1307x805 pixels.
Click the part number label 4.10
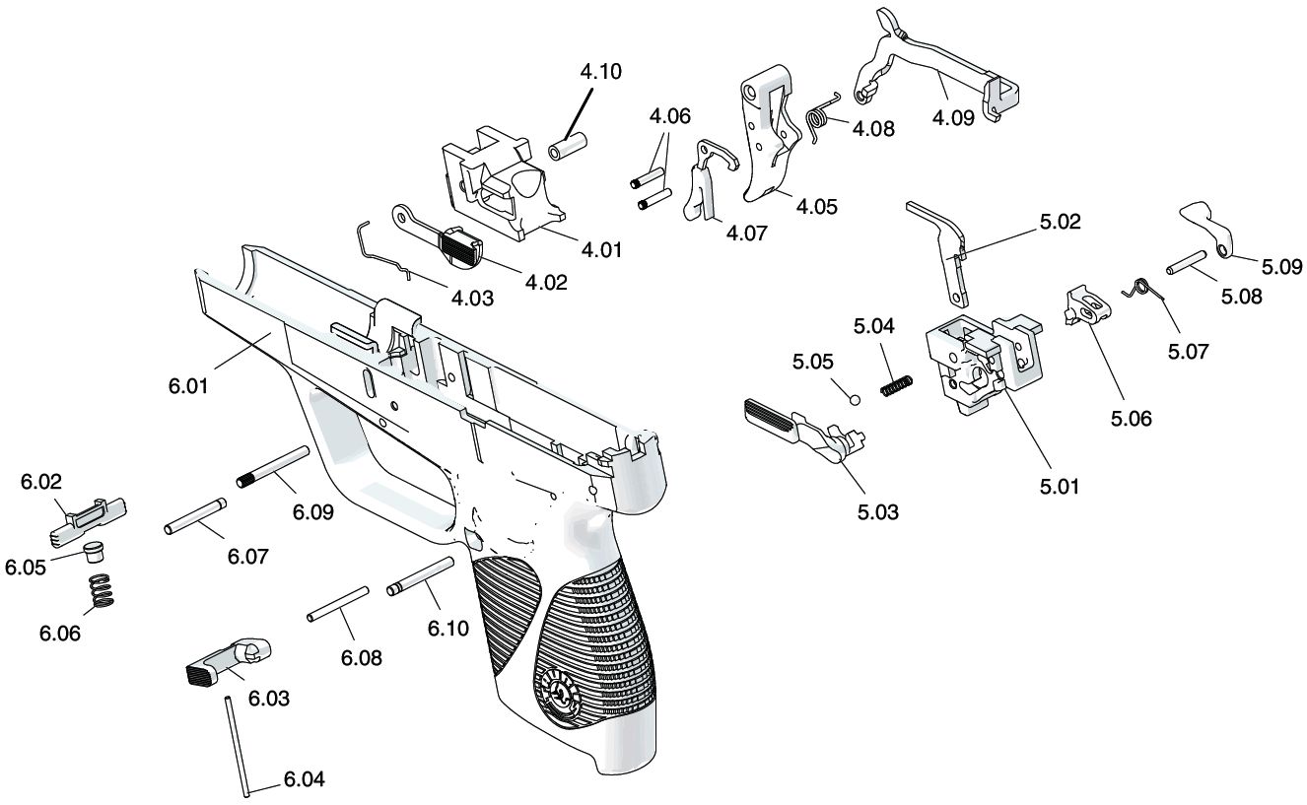[x=600, y=72]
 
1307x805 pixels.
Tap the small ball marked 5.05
[x=855, y=400]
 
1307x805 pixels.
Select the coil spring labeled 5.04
[x=896, y=385]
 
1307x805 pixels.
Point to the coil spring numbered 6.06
[x=102, y=591]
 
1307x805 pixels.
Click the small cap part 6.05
[x=93, y=551]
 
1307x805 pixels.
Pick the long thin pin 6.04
[x=239, y=746]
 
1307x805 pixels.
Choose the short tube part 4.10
[x=567, y=147]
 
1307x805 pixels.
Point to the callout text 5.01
[x=1059, y=487]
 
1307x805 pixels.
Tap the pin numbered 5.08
[x=1187, y=262]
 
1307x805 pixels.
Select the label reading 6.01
[x=188, y=386]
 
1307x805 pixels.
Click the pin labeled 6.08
[x=338, y=604]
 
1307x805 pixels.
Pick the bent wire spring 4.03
[x=384, y=250]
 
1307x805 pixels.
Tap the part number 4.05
[x=817, y=207]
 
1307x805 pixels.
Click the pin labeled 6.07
[x=195, y=515]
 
